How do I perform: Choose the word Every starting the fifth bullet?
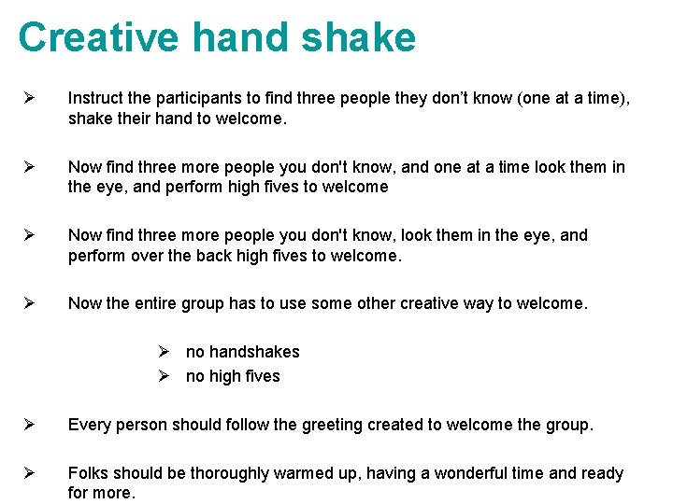(89, 425)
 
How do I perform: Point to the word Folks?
(88, 473)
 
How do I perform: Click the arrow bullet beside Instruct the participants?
(29, 98)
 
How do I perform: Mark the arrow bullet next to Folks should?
(29, 473)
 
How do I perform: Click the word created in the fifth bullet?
(395, 425)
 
